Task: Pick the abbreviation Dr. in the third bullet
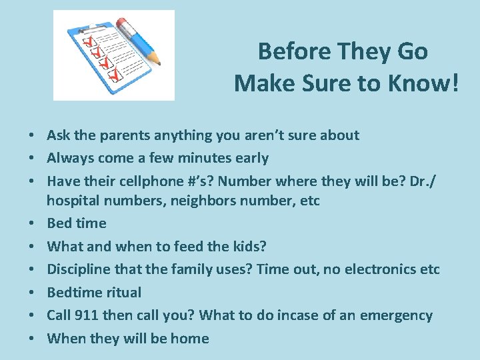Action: point(415,181)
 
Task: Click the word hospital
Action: point(74,200)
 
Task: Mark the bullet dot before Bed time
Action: point(32,223)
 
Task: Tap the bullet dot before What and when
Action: point(32,247)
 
